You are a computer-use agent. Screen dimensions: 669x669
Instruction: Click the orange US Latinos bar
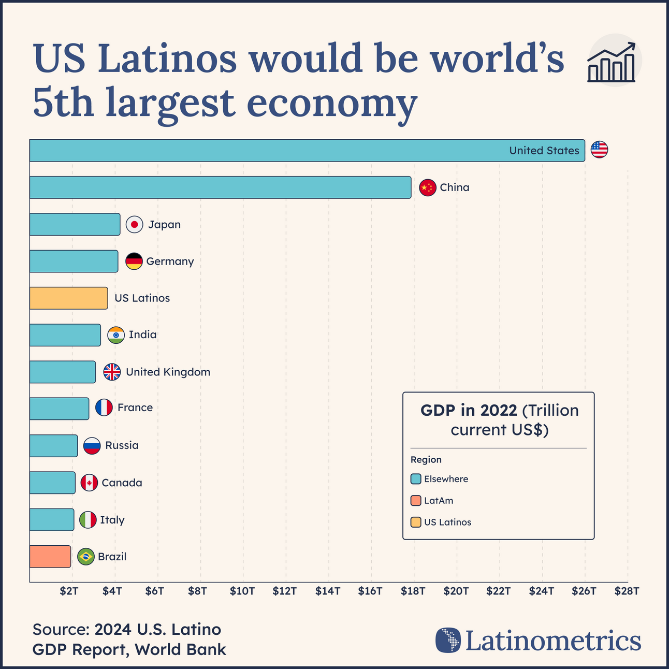pyautogui.click(x=68, y=298)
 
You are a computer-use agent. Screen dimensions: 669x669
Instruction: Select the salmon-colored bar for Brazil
pyautogui.click(x=50, y=557)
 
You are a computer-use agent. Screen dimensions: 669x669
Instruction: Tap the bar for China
pyautogui.click(x=220, y=187)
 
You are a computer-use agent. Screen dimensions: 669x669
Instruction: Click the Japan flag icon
pyautogui.click(x=135, y=224)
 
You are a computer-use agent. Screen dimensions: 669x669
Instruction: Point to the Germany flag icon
pyautogui.click(x=134, y=261)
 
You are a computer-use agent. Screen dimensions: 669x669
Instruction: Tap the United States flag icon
pyautogui.click(x=599, y=150)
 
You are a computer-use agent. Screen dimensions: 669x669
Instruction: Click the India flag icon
pyautogui.click(x=116, y=335)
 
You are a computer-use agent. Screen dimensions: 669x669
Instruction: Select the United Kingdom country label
pyautogui.click(x=168, y=372)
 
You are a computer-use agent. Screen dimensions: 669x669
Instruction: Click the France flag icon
pyautogui.click(x=104, y=408)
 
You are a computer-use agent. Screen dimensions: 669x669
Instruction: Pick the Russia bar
pyautogui.click(x=53, y=446)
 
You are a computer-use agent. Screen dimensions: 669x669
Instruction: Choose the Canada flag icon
pyautogui.click(x=89, y=483)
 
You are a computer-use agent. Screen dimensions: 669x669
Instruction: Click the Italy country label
pyautogui.click(x=112, y=520)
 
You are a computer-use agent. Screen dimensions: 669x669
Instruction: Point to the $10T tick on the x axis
pyautogui.click(x=242, y=591)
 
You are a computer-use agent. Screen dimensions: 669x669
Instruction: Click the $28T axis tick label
pyautogui.click(x=627, y=591)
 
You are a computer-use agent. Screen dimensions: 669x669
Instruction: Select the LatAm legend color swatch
pyautogui.click(x=415, y=501)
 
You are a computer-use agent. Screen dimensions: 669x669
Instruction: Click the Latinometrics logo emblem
pyautogui.click(x=448, y=640)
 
